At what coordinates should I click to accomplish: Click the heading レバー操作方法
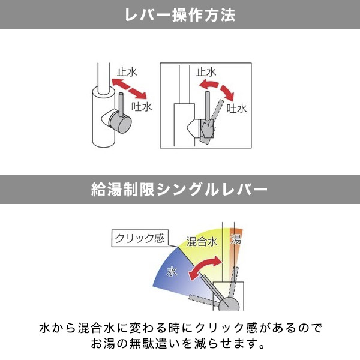point(180,15)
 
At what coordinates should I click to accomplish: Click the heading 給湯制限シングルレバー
point(179,190)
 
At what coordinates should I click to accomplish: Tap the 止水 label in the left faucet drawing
point(127,72)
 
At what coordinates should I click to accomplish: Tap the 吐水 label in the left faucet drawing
point(142,107)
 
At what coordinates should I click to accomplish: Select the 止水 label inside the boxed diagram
point(206,72)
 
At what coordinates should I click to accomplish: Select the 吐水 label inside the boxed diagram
point(237,108)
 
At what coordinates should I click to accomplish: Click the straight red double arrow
point(129,89)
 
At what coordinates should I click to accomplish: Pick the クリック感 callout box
point(140,238)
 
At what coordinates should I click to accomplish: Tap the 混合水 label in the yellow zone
point(202,242)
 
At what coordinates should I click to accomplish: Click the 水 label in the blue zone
point(172,272)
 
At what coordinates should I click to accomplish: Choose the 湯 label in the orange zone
point(236,239)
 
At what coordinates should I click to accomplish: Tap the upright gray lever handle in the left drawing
point(121,104)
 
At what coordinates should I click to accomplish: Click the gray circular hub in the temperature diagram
point(229,304)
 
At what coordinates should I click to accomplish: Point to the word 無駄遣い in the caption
point(152,344)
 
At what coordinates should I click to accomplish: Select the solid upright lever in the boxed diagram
point(208,106)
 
